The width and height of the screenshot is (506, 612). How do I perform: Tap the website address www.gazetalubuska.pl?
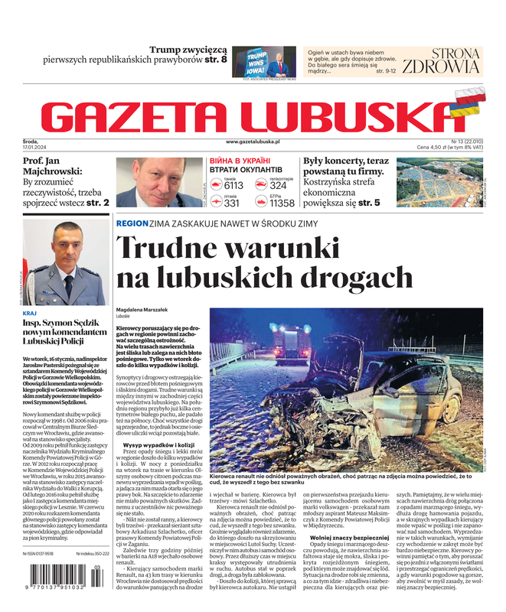click(263, 142)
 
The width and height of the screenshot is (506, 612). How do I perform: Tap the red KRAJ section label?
click(30, 314)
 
